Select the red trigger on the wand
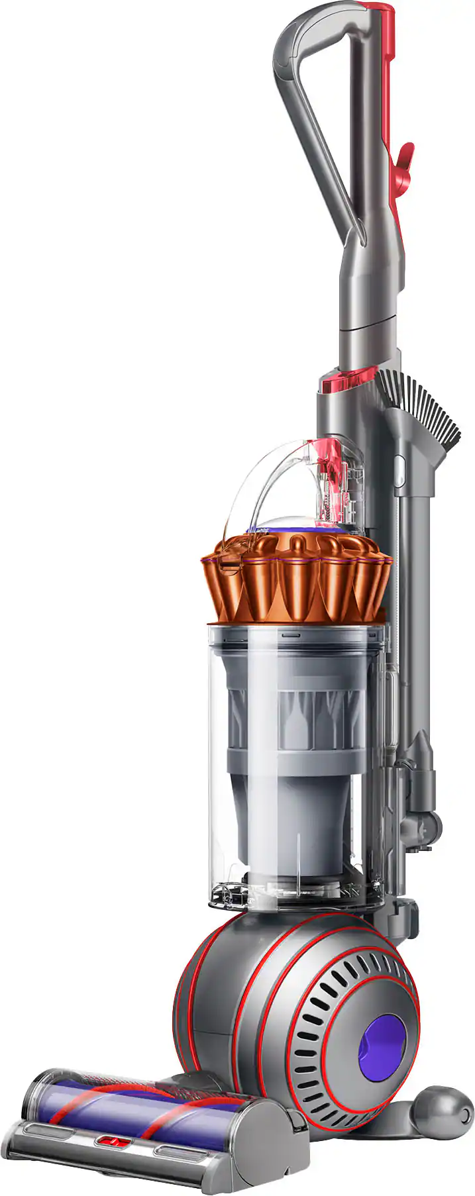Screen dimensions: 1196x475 coord(403,159)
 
